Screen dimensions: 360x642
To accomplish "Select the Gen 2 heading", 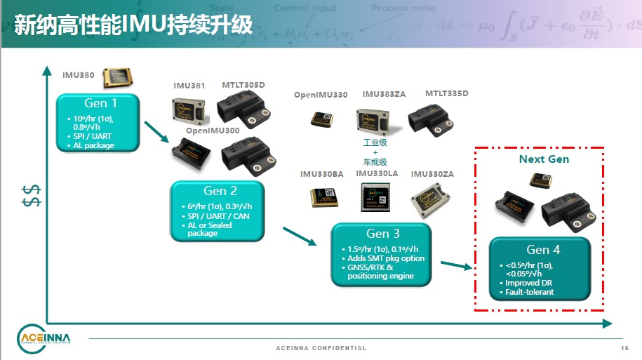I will point(215,191).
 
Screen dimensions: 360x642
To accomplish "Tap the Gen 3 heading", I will point(383,234).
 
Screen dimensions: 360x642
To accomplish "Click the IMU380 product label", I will point(78,74).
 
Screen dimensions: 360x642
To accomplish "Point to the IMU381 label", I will point(189,86).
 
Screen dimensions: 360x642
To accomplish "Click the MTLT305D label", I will point(243,86).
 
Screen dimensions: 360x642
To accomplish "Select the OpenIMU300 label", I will point(213,131).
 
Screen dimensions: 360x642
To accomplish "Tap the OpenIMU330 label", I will point(321,95).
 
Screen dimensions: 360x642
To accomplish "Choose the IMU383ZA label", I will point(384,95).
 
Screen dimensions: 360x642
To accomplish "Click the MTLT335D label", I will point(446,93).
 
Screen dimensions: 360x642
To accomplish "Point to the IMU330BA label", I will point(322,174).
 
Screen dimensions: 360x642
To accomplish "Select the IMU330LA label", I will point(377,173).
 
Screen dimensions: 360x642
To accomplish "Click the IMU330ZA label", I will point(432,174).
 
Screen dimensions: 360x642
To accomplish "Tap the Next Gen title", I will point(544,159).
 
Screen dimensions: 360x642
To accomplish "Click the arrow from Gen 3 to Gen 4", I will point(455,266).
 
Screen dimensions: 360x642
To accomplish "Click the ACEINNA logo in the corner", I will point(44,340).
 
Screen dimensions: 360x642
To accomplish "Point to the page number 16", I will point(624,348).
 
